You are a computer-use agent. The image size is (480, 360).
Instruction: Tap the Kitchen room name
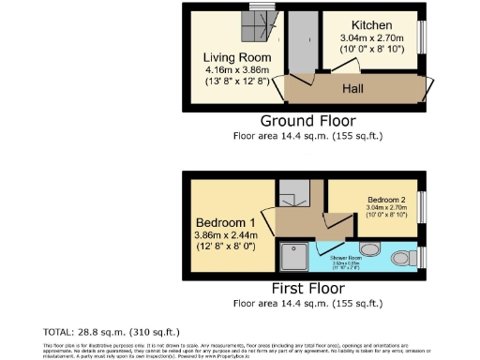pyautogui.click(x=372, y=25)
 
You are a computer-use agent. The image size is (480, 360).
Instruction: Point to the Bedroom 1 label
pyautogui.click(x=222, y=223)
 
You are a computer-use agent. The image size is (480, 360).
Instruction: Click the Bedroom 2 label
pyautogui.click(x=386, y=201)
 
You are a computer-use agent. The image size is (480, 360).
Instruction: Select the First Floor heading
pyautogui.click(x=308, y=289)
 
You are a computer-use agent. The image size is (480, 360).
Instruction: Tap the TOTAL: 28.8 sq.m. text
pyautogui.click(x=112, y=332)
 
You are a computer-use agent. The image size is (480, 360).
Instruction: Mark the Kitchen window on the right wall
pyautogui.click(x=422, y=37)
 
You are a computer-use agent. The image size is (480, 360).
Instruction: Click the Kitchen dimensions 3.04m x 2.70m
pyautogui.click(x=372, y=38)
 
